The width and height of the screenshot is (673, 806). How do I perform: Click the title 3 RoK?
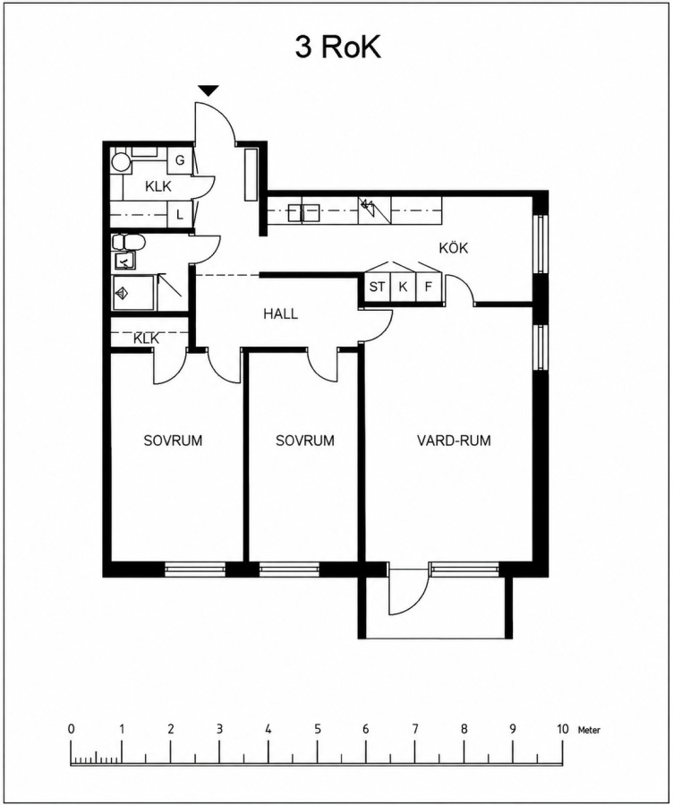click(337, 47)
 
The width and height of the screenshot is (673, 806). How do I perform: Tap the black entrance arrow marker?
click(209, 91)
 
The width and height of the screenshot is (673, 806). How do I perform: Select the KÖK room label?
click(453, 248)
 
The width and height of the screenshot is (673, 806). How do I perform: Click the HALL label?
click(280, 313)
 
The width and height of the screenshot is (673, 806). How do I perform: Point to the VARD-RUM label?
click(454, 441)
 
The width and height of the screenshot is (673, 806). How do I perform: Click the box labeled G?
click(180, 160)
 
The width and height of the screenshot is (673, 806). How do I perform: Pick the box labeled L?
click(180, 215)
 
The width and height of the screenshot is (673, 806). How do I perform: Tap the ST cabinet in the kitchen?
click(377, 287)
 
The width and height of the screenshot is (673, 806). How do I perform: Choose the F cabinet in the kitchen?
click(429, 287)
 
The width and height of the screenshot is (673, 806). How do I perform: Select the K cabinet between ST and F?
click(403, 287)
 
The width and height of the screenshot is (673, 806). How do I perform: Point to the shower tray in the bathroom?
click(133, 293)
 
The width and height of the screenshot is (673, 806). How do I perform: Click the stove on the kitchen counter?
click(374, 210)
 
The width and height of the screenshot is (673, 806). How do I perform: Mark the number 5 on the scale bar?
click(318, 729)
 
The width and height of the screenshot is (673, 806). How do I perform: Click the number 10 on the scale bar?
click(563, 729)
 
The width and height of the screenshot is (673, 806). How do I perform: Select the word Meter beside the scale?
click(589, 730)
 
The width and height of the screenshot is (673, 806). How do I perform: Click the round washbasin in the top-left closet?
click(121, 162)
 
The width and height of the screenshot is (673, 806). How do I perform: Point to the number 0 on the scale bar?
click(71, 729)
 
